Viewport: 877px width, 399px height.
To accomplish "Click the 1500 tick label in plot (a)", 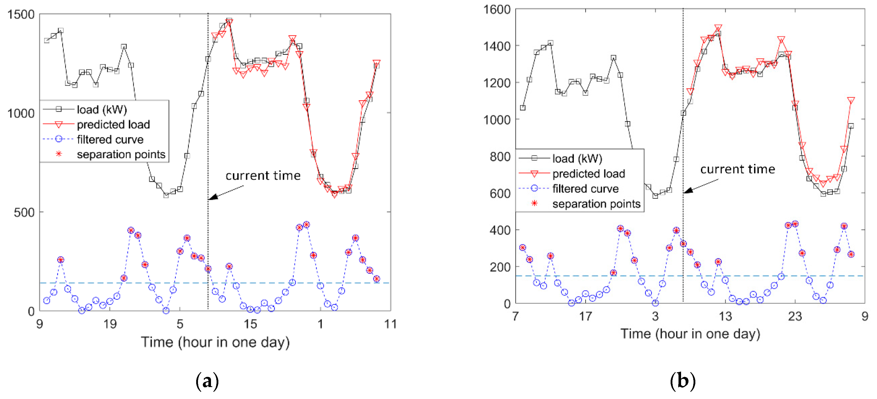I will pyautogui.click(x=21, y=15).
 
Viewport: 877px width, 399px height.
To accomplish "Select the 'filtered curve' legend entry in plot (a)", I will pyautogui.click(x=110, y=139).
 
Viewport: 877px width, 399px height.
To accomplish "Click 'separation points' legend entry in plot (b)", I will pyautogui.click(x=596, y=204).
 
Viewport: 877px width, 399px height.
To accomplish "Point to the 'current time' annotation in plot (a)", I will pyautogui.click(x=263, y=176).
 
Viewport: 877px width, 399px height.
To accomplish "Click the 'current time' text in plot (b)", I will pyautogui.click(x=737, y=169).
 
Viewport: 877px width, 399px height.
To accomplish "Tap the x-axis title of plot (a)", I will pyautogui.click(x=215, y=342).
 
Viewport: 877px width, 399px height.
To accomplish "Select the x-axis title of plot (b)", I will pyautogui.click(x=690, y=334).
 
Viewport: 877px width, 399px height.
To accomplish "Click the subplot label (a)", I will pyautogui.click(x=207, y=381).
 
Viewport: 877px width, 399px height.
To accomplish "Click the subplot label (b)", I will pyautogui.click(x=683, y=381).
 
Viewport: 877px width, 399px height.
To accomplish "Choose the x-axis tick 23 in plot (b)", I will pyautogui.click(x=795, y=316).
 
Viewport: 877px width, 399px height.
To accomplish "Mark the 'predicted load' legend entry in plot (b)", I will pyautogui.click(x=588, y=174).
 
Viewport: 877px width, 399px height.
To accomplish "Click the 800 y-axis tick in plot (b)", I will pyautogui.click(x=500, y=156).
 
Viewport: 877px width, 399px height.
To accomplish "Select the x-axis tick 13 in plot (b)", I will pyautogui.click(x=725, y=316).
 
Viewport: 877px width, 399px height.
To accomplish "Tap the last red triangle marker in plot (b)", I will pyautogui.click(x=851, y=101).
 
